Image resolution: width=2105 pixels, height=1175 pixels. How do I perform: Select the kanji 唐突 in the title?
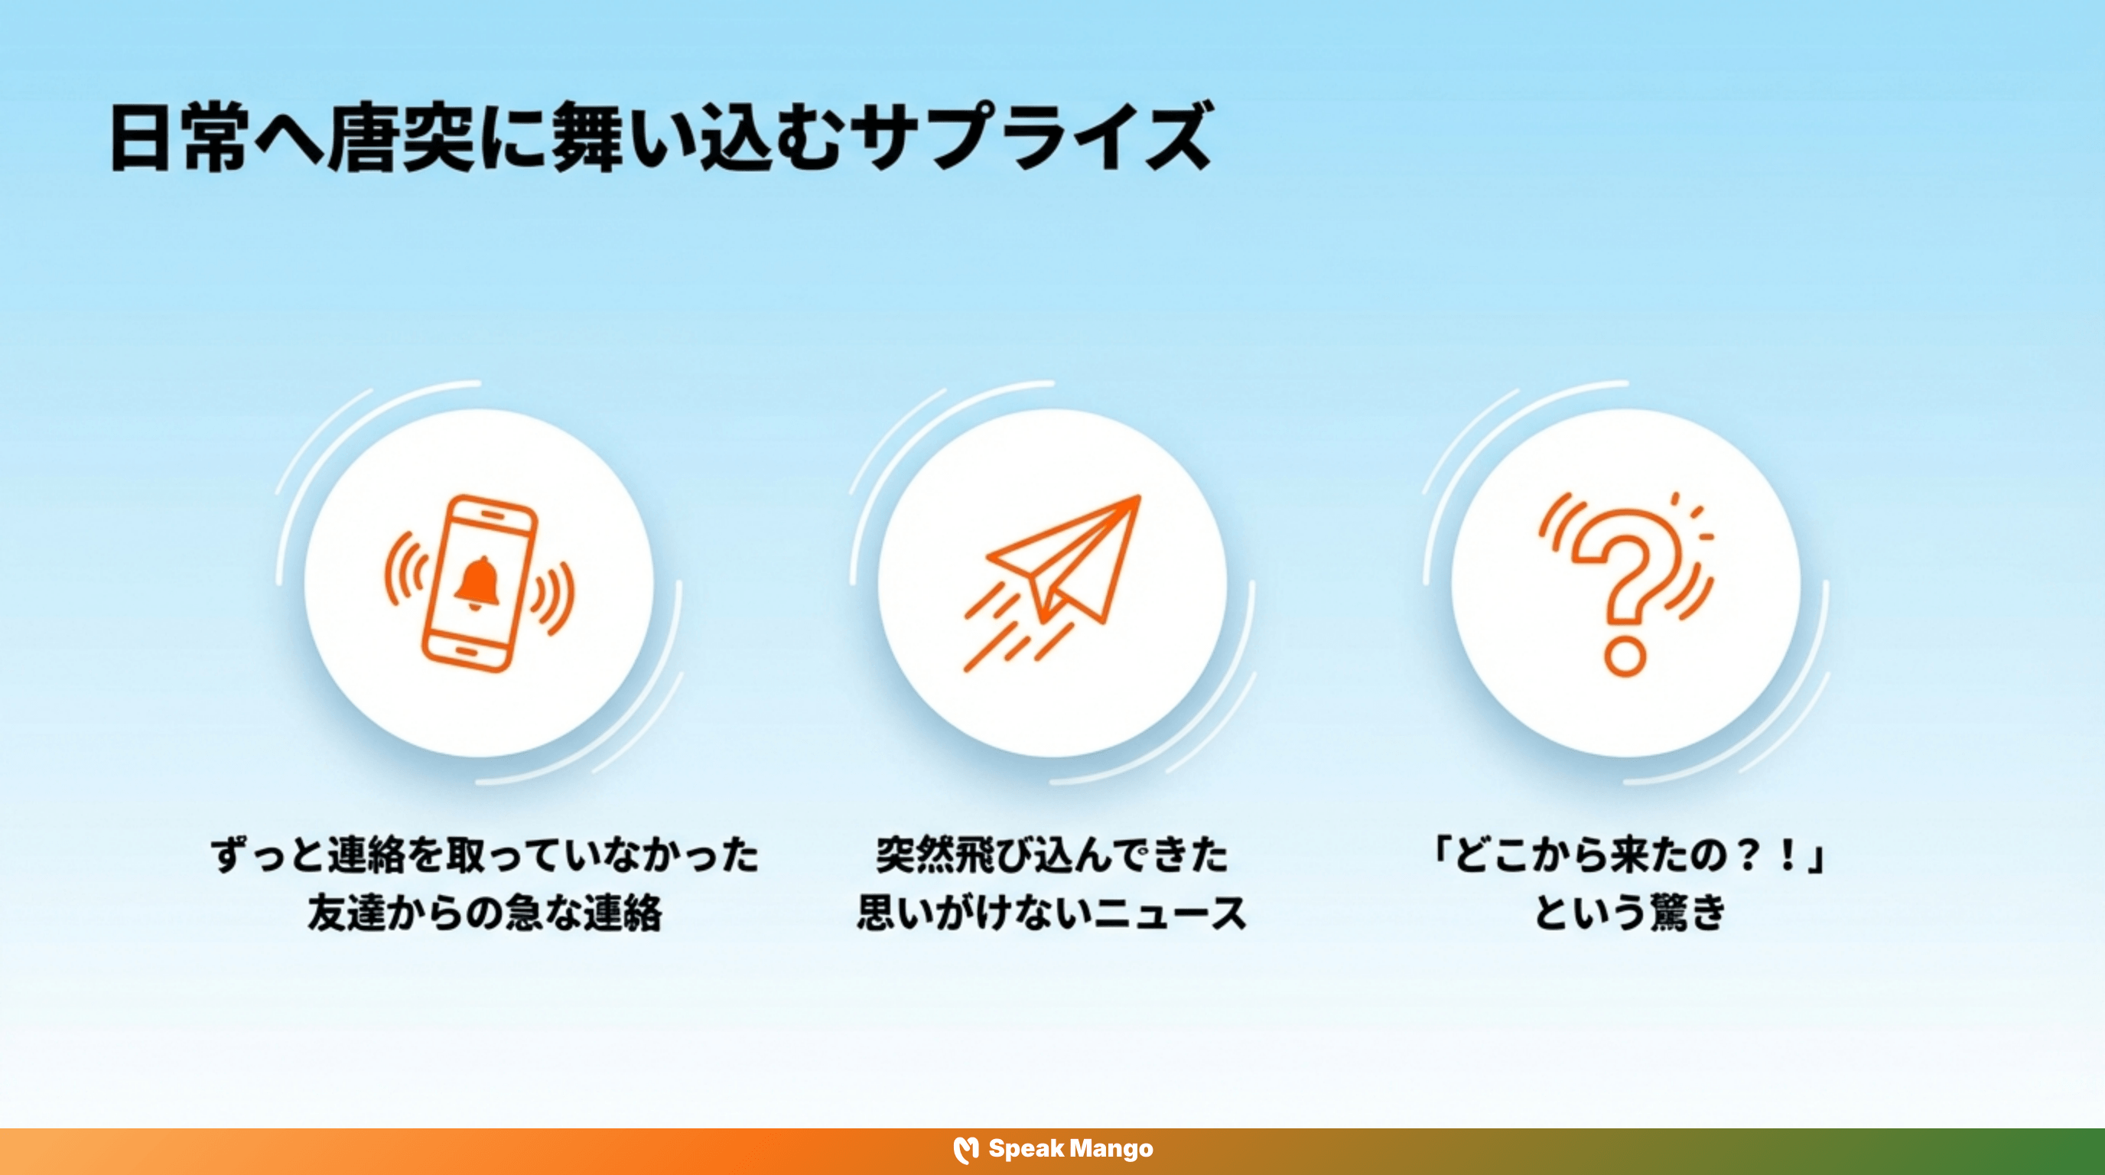click(400, 137)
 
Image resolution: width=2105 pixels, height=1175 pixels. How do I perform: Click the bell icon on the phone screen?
click(477, 583)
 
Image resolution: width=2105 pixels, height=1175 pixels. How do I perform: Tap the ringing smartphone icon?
click(480, 584)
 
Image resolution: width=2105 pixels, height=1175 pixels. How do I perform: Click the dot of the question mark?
click(1625, 656)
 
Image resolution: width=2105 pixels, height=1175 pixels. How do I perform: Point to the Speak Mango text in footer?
click(1071, 1149)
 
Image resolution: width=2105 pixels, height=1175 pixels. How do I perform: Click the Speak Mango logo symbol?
click(966, 1150)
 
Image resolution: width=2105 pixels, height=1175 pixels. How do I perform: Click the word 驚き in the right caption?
click(1687, 913)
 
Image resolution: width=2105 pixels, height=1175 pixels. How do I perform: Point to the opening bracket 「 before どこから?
click(1440, 855)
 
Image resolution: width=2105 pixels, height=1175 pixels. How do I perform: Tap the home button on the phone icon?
click(464, 651)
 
